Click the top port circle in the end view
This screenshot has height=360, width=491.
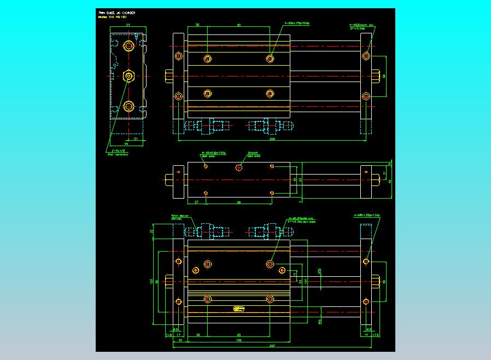tap(128, 46)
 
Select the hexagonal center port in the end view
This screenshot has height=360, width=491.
tap(128, 76)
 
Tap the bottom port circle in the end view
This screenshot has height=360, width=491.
tap(128, 106)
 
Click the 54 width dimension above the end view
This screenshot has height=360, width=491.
tap(127, 25)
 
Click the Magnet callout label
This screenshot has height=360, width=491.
tap(253, 153)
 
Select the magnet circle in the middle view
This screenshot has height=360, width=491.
tap(239, 167)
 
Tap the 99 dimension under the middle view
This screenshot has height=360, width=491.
tap(239, 202)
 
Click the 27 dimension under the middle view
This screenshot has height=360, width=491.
tap(196, 202)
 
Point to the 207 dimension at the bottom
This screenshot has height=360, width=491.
tap(272, 346)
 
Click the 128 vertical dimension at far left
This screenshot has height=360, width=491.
tap(151, 281)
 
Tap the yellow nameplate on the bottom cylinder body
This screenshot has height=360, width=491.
tap(239, 309)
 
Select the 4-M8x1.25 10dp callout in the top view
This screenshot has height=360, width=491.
tap(297, 24)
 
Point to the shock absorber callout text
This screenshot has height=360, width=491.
tap(179, 217)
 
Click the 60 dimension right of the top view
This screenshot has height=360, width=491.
tap(384, 76)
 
